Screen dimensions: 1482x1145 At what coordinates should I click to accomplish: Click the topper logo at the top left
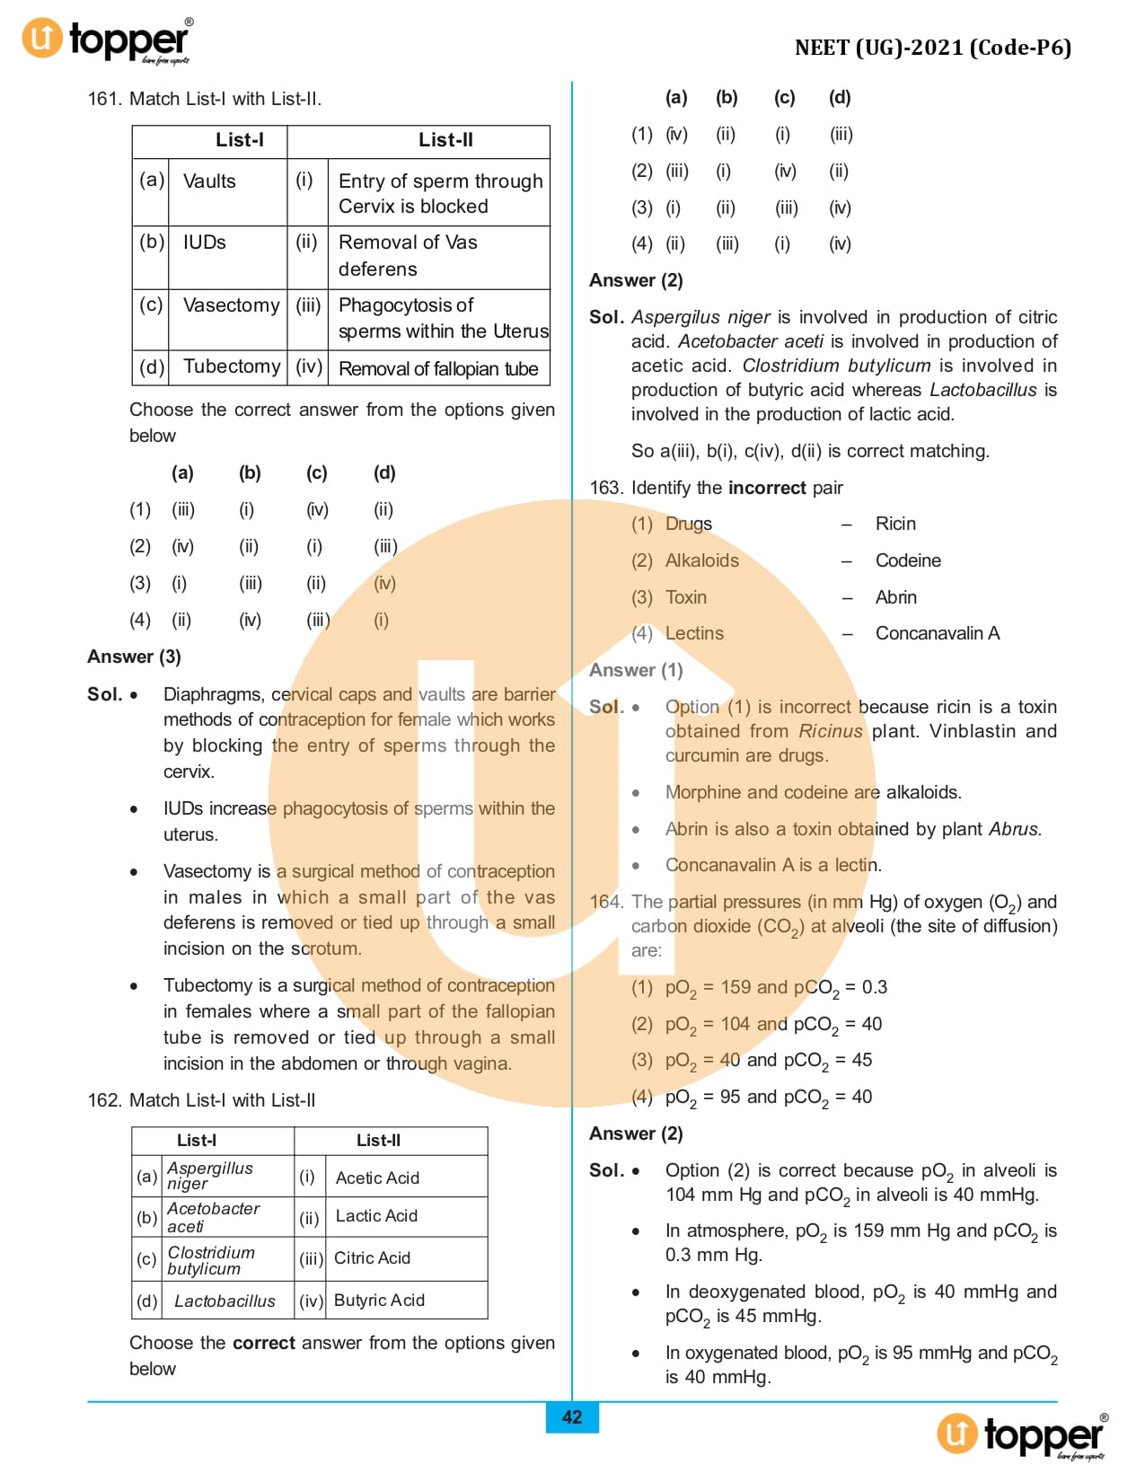[x=106, y=40]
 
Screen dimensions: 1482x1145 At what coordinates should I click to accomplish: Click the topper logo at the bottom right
[x=1022, y=1434]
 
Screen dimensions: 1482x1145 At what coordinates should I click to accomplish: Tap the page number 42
[x=572, y=1417]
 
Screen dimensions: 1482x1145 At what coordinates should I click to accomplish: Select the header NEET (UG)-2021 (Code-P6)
[x=932, y=48]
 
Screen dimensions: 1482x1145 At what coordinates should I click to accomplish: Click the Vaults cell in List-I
[x=209, y=181]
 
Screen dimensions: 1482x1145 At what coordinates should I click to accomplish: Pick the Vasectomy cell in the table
[x=231, y=305]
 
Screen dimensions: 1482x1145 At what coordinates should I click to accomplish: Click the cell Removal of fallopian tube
[x=438, y=369]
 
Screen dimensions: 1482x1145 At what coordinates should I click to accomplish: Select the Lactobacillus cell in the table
[x=225, y=1301]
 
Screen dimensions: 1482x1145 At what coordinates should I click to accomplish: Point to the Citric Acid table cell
[x=372, y=1257]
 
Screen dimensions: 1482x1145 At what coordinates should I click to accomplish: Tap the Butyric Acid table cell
[x=379, y=1300]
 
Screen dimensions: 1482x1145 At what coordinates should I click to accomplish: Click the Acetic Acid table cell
[x=377, y=1178]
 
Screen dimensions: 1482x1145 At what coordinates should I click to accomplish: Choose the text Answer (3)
[x=134, y=657]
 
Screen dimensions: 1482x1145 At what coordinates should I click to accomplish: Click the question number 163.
[x=605, y=488]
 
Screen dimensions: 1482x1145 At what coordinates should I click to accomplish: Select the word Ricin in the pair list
[x=895, y=524]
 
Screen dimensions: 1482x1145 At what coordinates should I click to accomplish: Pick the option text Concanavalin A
[x=937, y=633]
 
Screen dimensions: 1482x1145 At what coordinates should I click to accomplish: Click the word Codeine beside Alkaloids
[x=908, y=560]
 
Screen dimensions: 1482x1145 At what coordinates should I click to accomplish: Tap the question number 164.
[x=605, y=902]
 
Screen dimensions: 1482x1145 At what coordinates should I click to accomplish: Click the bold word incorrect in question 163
[x=767, y=488]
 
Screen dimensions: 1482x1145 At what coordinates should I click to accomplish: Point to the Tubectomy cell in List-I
[x=232, y=366]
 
